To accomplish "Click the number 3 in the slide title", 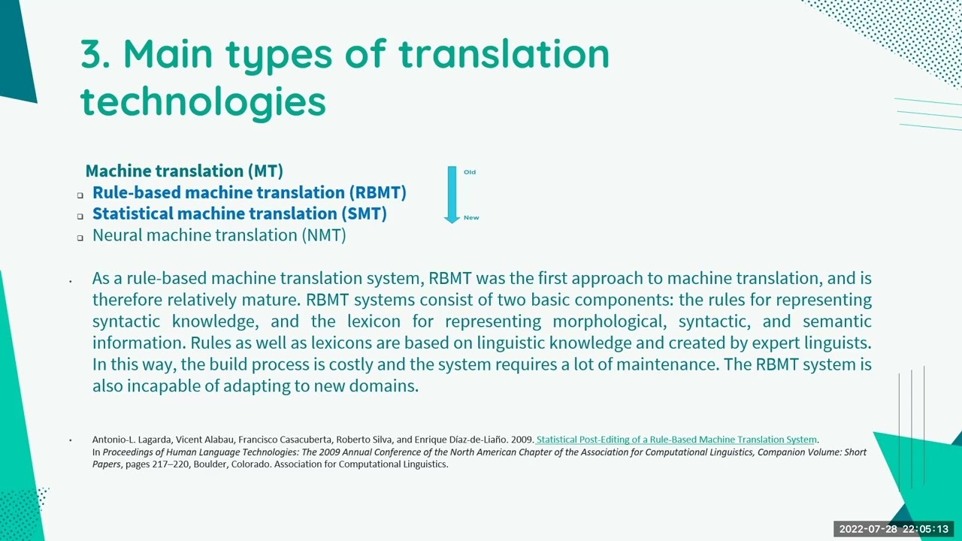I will point(95,54).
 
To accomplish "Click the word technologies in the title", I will point(203,101).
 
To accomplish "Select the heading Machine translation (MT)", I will point(184,171).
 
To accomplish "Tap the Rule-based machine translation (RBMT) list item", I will point(249,193).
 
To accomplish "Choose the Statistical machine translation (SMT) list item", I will point(239,214).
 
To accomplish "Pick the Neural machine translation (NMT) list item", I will point(219,235).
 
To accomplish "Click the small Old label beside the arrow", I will point(470,172).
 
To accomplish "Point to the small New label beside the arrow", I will point(471,218).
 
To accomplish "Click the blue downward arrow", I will point(452,195).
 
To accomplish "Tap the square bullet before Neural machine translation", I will point(80,237).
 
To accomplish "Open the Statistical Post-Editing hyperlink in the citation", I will point(676,440).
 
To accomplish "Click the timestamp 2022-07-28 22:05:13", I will point(894,530).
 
